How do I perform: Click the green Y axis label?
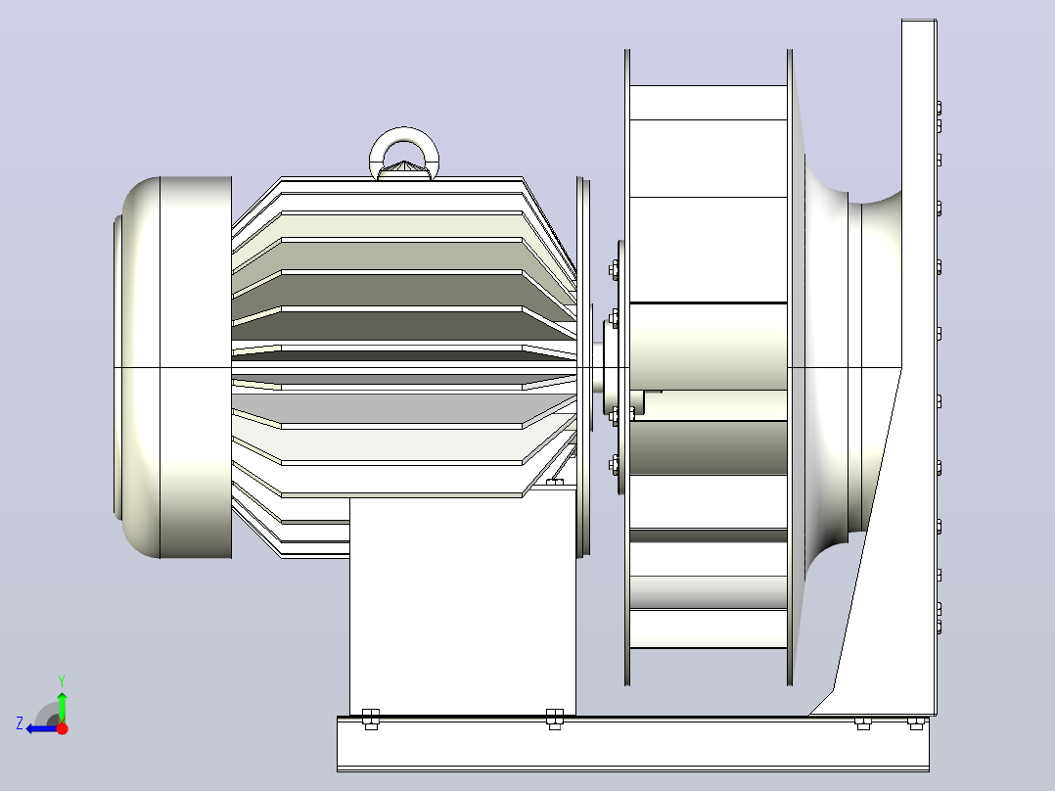coord(62,680)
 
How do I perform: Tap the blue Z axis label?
coord(20,723)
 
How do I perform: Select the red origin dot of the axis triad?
coord(62,728)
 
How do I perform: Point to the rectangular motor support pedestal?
coord(462,606)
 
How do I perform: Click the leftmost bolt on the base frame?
coord(371,719)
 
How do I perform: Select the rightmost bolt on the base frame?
coord(916,723)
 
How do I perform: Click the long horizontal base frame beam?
coord(632,744)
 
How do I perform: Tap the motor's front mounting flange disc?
coord(583,367)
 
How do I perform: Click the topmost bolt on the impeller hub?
coord(614,270)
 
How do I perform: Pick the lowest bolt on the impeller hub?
coord(615,465)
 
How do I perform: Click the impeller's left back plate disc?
coord(627,367)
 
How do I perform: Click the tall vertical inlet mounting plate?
coord(918,367)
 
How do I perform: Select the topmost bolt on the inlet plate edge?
coord(939,108)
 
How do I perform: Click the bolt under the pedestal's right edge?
coord(554,719)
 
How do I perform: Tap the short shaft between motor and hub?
coord(597,367)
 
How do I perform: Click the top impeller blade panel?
coord(709,103)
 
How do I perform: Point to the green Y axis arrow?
coord(62,707)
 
